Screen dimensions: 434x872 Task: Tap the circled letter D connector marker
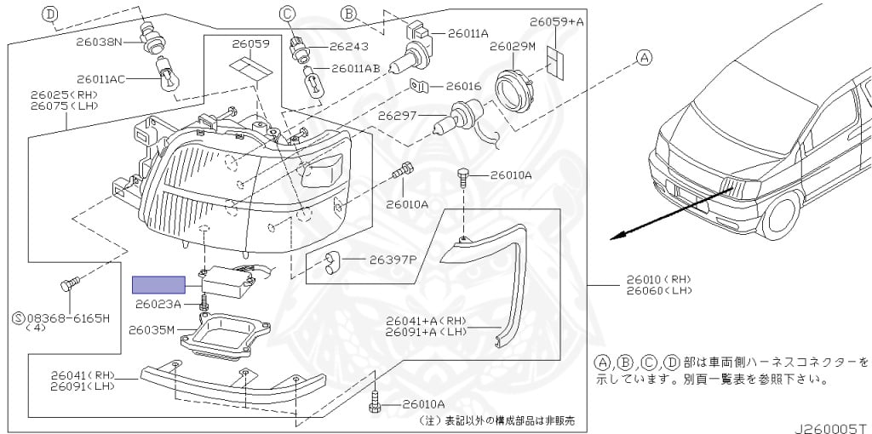pyautogui.click(x=50, y=14)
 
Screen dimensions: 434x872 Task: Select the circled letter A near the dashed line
pyautogui.click(x=645, y=58)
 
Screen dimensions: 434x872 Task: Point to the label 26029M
pyautogui.click(x=512, y=46)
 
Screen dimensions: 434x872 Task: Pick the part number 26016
pyautogui.click(x=463, y=86)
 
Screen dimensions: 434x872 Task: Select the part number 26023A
pyautogui.click(x=158, y=304)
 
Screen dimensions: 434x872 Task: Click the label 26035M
pyautogui.click(x=152, y=329)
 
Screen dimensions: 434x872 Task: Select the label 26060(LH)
pyautogui.click(x=659, y=291)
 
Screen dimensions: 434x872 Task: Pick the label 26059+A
pyautogui.click(x=557, y=21)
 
